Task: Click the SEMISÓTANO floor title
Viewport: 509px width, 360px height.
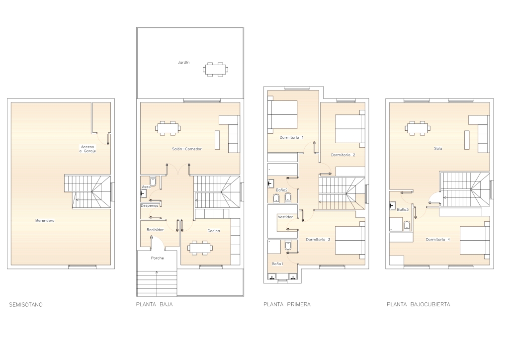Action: tap(26, 304)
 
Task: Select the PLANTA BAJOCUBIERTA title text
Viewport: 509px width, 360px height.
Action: tap(419, 304)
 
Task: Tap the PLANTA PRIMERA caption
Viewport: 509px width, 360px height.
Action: tap(287, 304)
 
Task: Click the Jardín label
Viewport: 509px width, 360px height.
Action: tap(183, 62)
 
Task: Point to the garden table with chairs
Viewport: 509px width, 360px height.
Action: tap(216, 69)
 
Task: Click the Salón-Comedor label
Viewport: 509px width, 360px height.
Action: tap(187, 149)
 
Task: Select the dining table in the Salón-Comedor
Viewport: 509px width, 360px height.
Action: tap(169, 128)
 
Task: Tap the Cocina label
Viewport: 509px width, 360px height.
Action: tap(214, 231)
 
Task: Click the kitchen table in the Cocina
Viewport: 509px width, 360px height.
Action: tap(200, 248)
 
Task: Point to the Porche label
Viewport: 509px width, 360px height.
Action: tap(158, 258)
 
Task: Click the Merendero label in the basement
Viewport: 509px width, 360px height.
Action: tap(45, 221)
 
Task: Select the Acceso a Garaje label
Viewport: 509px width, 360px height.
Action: tap(87, 149)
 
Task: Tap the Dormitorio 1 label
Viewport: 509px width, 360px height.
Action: tap(291, 138)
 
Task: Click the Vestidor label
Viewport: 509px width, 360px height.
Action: tap(285, 217)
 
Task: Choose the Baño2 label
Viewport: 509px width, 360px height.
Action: tap(282, 190)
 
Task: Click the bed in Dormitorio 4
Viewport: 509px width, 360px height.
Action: tap(475, 240)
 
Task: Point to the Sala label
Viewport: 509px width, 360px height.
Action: tap(438, 148)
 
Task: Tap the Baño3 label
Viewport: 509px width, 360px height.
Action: tap(403, 210)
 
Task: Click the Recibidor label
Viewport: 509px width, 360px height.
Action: tap(155, 230)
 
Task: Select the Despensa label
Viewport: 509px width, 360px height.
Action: tap(150, 205)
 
